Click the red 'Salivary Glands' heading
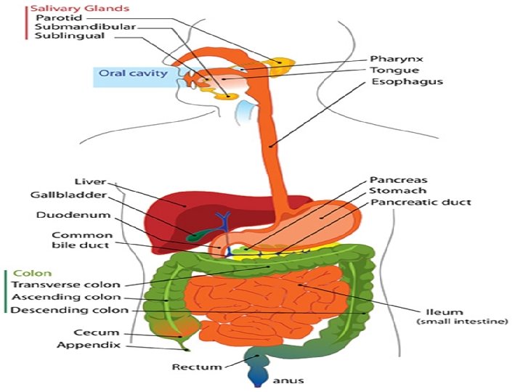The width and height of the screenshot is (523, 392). pyautogui.click(x=68, y=8)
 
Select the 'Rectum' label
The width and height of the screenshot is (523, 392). pyautogui.click(x=196, y=367)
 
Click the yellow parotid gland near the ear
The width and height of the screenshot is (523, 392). pyautogui.click(x=280, y=68)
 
